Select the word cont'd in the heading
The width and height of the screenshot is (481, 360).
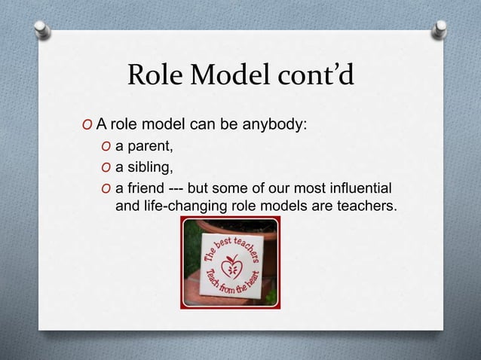tap(310, 75)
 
